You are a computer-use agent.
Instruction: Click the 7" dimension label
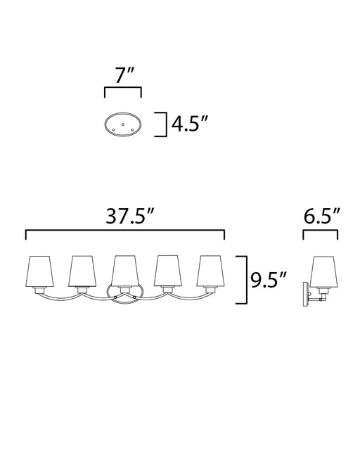click(124, 75)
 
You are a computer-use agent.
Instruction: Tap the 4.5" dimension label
click(189, 124)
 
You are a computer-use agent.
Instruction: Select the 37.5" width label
click(130, 216)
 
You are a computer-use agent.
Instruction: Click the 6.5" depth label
click(321, 216)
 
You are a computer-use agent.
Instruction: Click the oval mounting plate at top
click(122, 125)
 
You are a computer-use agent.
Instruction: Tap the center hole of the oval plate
click(123, 124)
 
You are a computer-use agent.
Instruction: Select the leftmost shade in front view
click(39, 271)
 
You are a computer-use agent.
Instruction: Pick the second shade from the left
click(82, 271)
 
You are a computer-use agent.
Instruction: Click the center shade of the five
click(125, 271)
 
